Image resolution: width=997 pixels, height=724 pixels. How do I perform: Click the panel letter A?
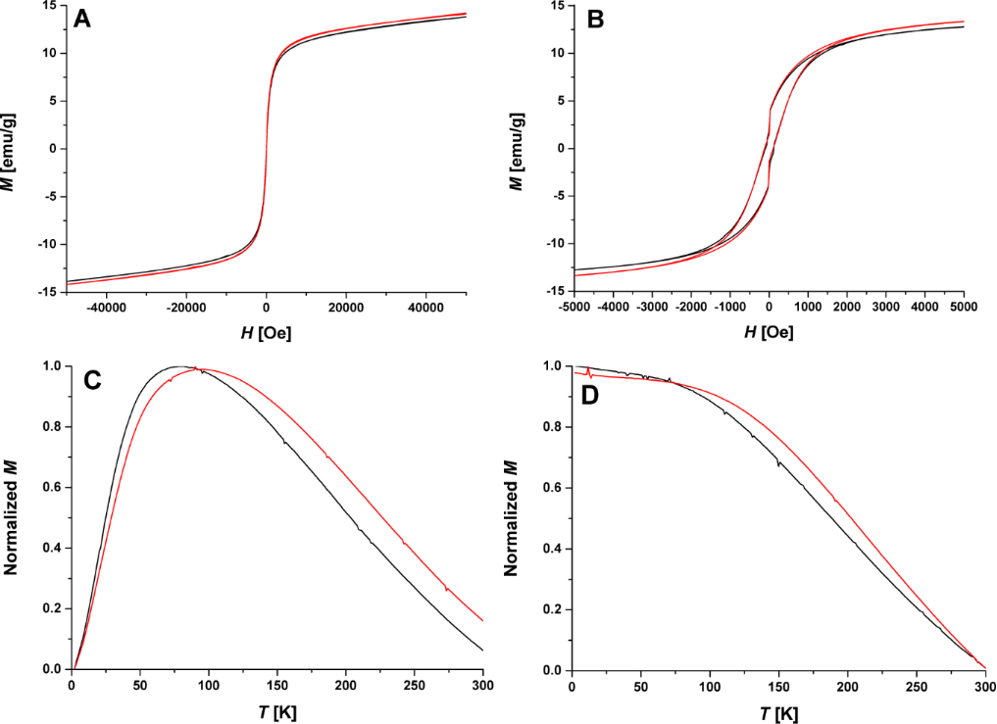(x=83, y=21)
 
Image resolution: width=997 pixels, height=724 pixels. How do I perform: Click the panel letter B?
(x=594, y=21)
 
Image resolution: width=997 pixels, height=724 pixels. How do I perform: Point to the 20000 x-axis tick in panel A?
(x=346, y=308)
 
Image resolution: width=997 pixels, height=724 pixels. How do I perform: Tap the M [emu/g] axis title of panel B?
(x=517, y=148)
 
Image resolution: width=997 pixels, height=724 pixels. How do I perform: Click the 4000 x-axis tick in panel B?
(x=924, y=308)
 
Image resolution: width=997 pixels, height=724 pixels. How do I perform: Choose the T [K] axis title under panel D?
(x=778, y=712)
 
